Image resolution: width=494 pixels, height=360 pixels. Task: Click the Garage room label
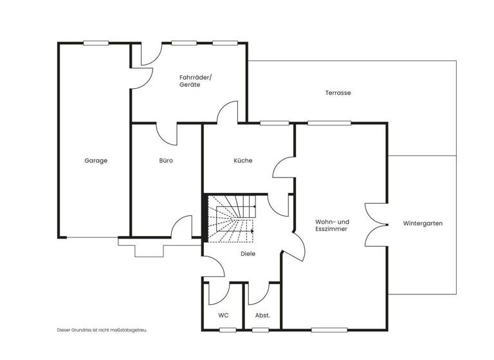click(96, 161)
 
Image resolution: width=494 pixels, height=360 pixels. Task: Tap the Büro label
click(167, 161)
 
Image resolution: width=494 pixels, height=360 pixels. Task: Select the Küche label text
click(243, 161)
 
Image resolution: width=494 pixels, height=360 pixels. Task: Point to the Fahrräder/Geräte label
click(190, 81)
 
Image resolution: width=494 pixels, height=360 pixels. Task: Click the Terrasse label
click(338, 93)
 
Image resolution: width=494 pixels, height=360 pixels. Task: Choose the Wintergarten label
click(423, 224)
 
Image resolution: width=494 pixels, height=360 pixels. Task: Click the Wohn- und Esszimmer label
click(332, 225)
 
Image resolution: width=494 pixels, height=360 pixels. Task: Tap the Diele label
click(248, 254)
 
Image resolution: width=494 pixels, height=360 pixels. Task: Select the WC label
click(223, 315)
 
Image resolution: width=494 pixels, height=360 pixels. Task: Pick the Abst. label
click(262, 315)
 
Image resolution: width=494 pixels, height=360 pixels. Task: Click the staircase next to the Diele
click(231, 219)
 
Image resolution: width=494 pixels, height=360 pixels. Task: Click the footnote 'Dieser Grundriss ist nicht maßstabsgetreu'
click(102, 330)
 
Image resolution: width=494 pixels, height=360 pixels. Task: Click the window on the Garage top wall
click(95, 44)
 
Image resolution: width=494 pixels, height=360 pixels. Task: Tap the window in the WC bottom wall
click(227, 330)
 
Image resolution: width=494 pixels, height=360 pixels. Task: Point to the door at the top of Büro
click(167, 133)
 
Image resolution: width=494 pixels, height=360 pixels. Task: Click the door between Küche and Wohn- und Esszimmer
click(284, 168)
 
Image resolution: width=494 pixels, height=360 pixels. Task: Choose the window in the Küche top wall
click(274, 123)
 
